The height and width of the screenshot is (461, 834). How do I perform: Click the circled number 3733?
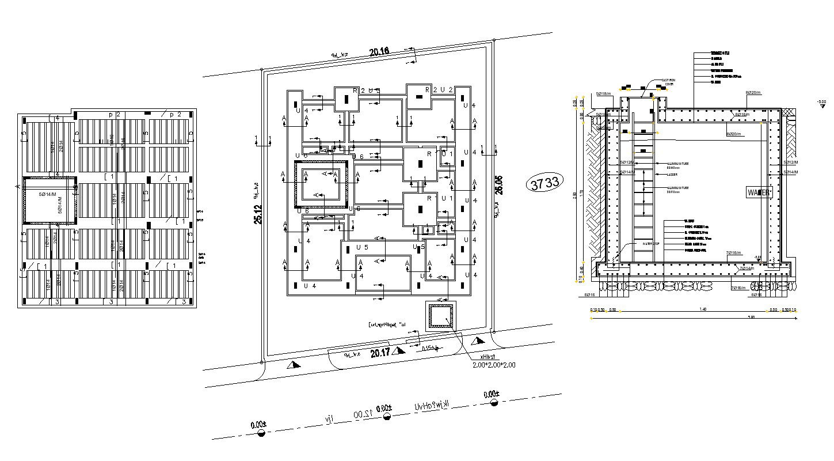pos(544,183)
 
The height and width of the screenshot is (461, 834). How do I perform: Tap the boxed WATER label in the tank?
pos(758,192)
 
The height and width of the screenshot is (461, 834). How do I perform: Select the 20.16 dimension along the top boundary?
pos(379,52)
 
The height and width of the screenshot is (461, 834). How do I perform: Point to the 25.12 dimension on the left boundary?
pos(259,214)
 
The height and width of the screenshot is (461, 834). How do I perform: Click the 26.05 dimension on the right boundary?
pos(498,184)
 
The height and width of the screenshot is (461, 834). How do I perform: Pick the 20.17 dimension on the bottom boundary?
pos(380,353)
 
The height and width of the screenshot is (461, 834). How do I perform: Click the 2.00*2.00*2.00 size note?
pos(494,365)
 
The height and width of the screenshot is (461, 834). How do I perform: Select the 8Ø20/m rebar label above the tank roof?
pos(753,93)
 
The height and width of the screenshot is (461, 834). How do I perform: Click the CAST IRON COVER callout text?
pos(668,82)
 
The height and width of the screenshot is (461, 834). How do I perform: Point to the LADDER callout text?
pos(672,174)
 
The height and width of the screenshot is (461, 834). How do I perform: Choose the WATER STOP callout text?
pos(650,244)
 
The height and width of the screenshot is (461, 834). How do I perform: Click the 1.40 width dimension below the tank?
pos(702,309)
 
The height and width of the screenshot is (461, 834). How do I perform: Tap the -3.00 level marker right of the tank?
pos(821,103)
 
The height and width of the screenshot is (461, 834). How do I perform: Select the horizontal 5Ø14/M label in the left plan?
pos(48,194)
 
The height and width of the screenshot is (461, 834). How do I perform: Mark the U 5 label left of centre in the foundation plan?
pos(362,247)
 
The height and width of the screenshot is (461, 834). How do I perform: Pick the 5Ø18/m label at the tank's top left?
pos(603,93)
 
